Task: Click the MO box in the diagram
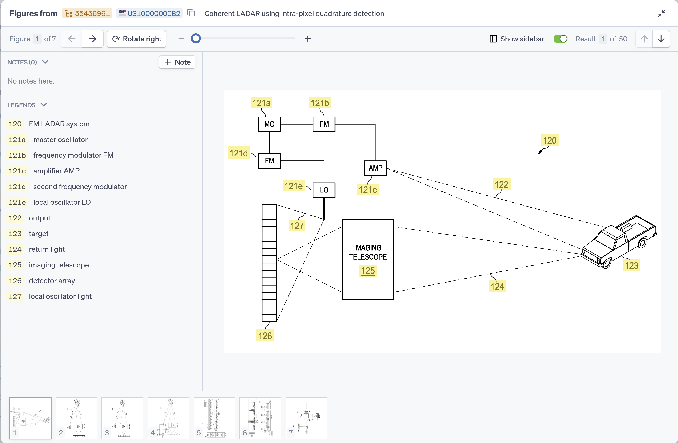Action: pyautogui.click(x=269, y=124)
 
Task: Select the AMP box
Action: pyautogui.click(x=375, y=168)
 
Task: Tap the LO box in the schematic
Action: pyautogui.click(x=324, y=190)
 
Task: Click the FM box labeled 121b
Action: pyautogui.click(x=324, y=124)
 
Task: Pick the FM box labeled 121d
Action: pyautogui.click(x=269, y=161)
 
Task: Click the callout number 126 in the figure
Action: pyautogui.click(x=265, y=336)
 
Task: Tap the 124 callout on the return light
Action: pyautogui.click(x=497, y=287)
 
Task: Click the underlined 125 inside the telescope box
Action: pyautogui.click(x=368, y=271)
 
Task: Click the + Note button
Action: pyautogui.click(x=177, y=62)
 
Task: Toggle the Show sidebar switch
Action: pyautogui.click(x=560, y=39)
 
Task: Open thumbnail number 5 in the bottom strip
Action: pyautogui.click(x=214, y=418)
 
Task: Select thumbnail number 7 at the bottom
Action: pyautogui.click(x=306, y=418)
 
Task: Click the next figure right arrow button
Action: pyautogui.click(x=92, y=39)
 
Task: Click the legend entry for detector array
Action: pyautogui.click(x=52, y=281)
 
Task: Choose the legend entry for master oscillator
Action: pyautogui.click(x=60, y=140)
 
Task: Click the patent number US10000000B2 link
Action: pyautogui.click(x=154, y=13)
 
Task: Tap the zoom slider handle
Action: pyautogui.click(x=196, y=39)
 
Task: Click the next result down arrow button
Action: pyautogui.click(x=661, y=39)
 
